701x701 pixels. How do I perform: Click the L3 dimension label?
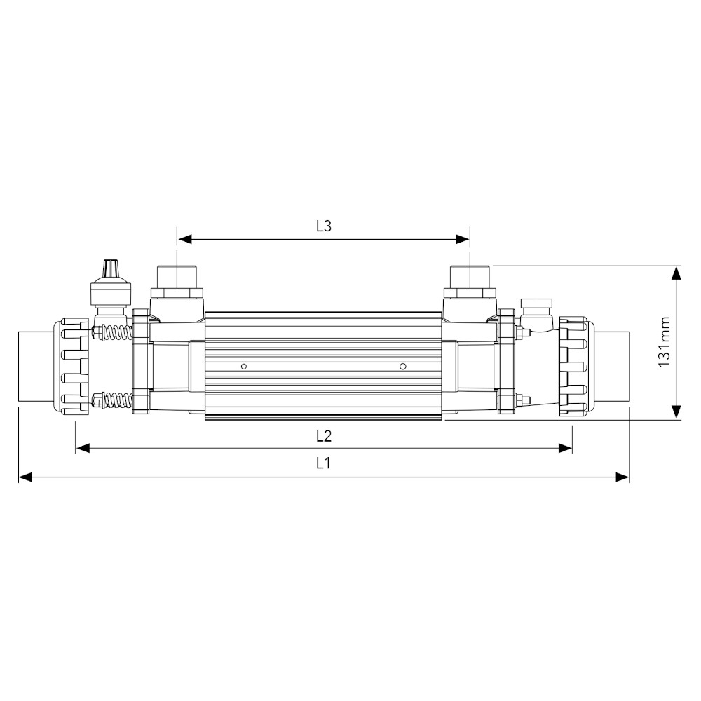click(x=323, y=226)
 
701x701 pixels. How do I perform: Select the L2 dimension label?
click(x=323, y=435)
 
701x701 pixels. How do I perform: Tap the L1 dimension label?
click(x=323, y=463)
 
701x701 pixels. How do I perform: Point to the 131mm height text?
click(x=665, y=341)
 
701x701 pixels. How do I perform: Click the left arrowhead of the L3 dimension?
click(x=184, y=239)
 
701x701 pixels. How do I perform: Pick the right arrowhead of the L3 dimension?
click(x=463, y=239)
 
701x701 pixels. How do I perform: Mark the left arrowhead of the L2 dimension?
click(x=83, y=448)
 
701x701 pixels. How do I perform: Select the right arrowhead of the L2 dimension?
click(x=566, y=448)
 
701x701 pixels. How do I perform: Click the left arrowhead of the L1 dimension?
click(x=25, y=477)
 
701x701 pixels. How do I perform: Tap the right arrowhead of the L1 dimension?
click(x=622, y=477)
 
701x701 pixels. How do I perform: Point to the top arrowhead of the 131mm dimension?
click(x=676, y=273)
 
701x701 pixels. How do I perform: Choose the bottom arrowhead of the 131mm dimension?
click(x=676, y=412)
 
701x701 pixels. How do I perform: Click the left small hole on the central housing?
click(x=243, y=366)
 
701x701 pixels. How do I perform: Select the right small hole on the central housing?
click(x=402, y=366)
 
